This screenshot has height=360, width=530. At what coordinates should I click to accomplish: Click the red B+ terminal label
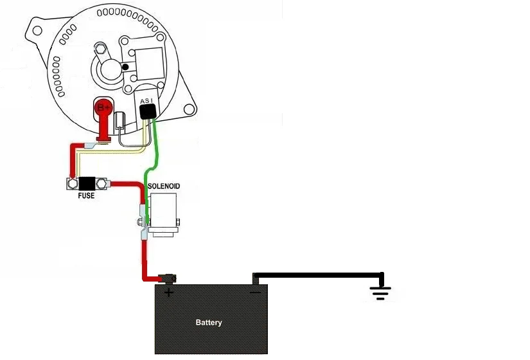[103, 108]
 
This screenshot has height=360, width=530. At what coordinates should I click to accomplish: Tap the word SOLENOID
[164, 186]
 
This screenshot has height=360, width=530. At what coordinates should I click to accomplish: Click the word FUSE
[86, 195]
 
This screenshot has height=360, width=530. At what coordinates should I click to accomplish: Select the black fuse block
[87, 184]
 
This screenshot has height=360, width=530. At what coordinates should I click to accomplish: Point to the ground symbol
[380, 293]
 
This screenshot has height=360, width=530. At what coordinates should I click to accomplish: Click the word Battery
[209, 323]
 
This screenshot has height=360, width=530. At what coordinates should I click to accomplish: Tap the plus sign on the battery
[168, 292]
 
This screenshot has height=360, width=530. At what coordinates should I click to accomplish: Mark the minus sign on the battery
[255, 292]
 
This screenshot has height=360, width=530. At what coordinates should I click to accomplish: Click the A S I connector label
[146, 101]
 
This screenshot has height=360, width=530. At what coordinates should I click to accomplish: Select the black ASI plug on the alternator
[148, 112]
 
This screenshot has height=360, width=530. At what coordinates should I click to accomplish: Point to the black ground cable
[319, 275]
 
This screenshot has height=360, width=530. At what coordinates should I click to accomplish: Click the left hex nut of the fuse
[73, 184]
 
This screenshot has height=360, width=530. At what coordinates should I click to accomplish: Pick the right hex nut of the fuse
[101, 184]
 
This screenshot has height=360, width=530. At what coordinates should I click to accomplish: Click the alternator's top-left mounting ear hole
[37, 30]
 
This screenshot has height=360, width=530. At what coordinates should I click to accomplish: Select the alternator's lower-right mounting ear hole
[189, 109]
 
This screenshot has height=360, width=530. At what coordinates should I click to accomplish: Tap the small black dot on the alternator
[125, 67]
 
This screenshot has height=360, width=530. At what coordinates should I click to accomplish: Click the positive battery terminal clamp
[168, 278]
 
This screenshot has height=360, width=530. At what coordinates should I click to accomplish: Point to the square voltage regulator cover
[150, 64]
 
